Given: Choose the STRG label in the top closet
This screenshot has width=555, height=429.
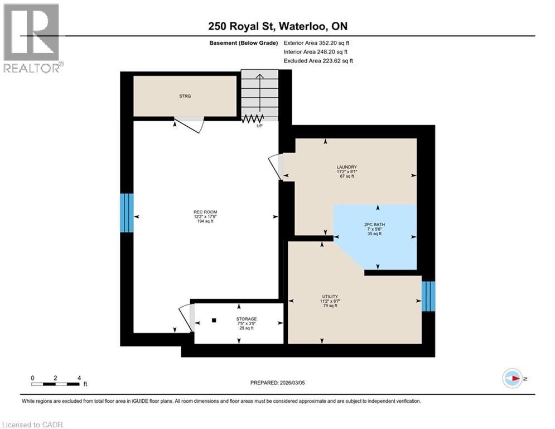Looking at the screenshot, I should point(185,96).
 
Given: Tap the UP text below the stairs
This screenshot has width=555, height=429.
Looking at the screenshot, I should point(259,126).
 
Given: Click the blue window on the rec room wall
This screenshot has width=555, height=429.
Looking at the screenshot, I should point(127,213).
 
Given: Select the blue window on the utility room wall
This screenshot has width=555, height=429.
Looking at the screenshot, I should point(428,296).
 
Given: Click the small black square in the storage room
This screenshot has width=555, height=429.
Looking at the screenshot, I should point(214,321).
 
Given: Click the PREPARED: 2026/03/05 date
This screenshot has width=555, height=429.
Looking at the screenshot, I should point(278,383).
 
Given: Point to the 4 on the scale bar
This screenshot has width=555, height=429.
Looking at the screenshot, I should point(79,378).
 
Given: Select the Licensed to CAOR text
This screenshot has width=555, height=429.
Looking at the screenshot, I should point(32,425).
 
